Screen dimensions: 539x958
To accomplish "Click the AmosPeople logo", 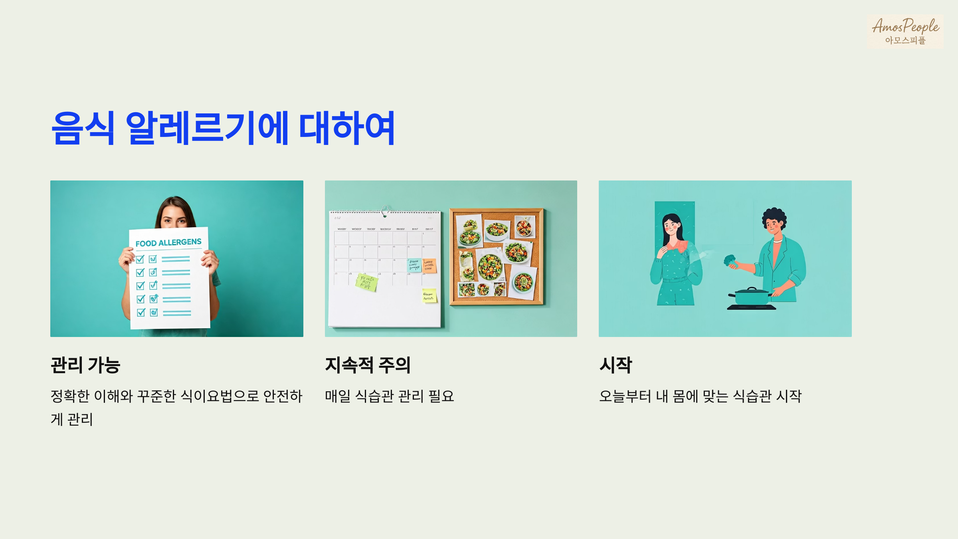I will (905, 31).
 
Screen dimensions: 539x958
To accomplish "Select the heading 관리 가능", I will (85, 365).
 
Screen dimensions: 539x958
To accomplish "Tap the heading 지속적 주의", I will (368, 365).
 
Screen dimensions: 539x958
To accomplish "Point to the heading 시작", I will (616, 365).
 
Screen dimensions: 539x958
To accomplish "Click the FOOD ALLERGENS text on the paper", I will (168, 243).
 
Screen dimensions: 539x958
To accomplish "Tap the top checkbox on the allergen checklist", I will (140, 260).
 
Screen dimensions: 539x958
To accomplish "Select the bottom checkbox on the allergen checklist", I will (141, 313).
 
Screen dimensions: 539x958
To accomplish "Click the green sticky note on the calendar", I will (367, 282).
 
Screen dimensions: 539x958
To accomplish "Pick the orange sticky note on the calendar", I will (429, 266).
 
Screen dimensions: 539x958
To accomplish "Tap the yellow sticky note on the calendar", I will (429, 296).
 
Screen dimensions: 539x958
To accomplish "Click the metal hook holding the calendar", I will (385, 210).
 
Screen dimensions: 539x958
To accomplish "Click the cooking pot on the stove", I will (752, 296).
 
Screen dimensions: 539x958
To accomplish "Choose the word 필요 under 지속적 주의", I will (441, 396).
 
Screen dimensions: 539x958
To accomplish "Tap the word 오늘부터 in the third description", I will (625, 396).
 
